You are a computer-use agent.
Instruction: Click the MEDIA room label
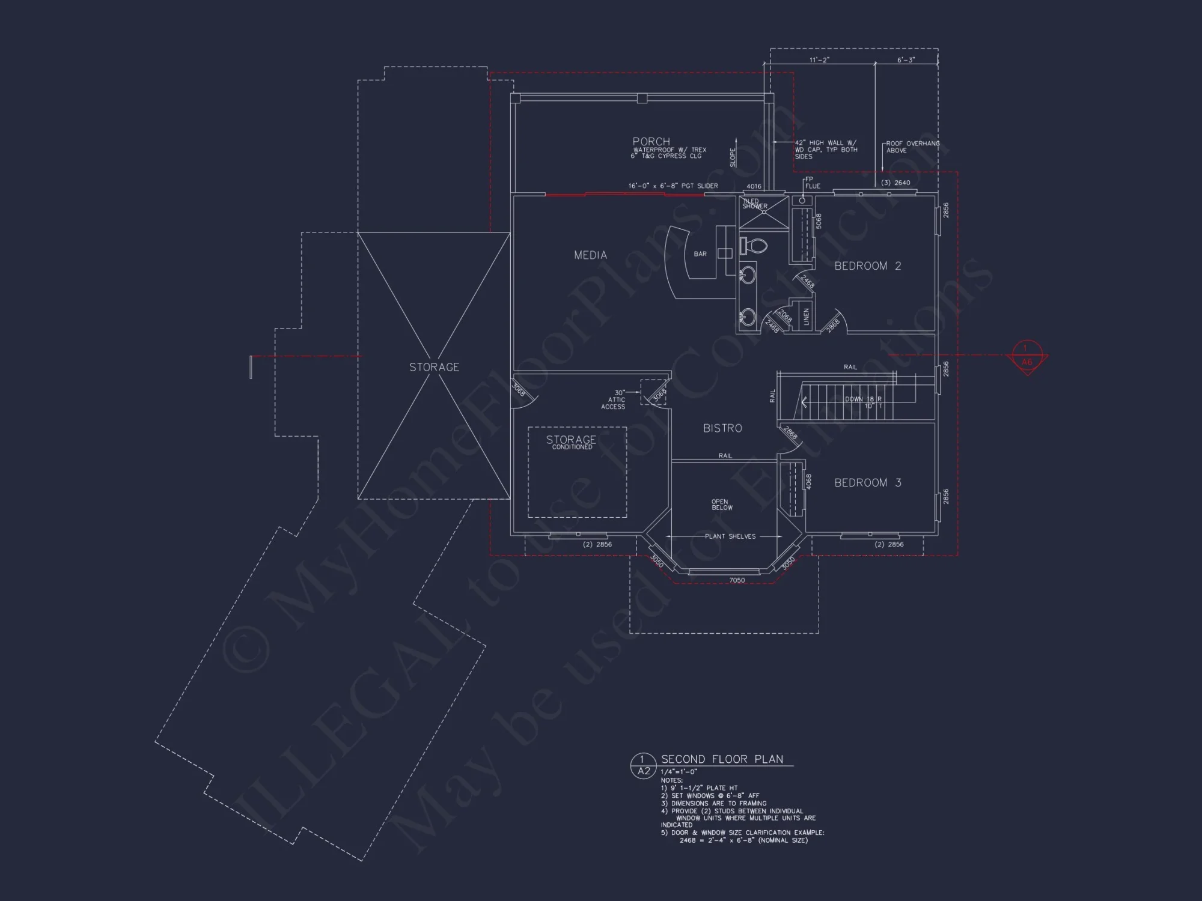pyautogui.click(x=590, y=255)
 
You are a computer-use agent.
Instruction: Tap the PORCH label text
pyautogui.click(x=651, y=142)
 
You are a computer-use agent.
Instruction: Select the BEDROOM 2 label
pyautogui.click(x=867, y=266)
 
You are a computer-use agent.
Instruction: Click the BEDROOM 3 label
pyautogui.click(x=867, y=483)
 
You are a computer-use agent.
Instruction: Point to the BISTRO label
pyautogui.click(x=722, y=428)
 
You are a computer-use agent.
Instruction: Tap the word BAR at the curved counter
pyautogui.click(x=700, y=254)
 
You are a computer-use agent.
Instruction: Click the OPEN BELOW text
pyautogui.click(x=721, y=505)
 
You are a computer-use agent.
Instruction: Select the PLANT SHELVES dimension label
pyautogui.click(x=730, y=536)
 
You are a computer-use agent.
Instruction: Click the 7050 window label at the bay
pyautogui.click(x=737, y=580)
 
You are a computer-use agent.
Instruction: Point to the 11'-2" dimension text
pyautogui.click(x=819, y=60)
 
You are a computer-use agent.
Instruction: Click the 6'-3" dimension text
pyautogui.click(x=906, y=60)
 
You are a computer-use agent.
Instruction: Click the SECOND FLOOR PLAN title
pyautogui.click(x=722, y=759)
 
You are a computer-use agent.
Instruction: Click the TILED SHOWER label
pyautogui.click(x=754, y=204)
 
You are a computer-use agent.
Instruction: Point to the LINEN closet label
pyautogui.click(x=807, y=317)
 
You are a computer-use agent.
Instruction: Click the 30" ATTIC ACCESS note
pyautogui.click(x=614, y=399)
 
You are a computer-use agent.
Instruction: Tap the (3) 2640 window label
pyautogui.click(x=895, y=183)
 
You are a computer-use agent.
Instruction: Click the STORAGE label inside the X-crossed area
pyautogui.click(x=434, y=367)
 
